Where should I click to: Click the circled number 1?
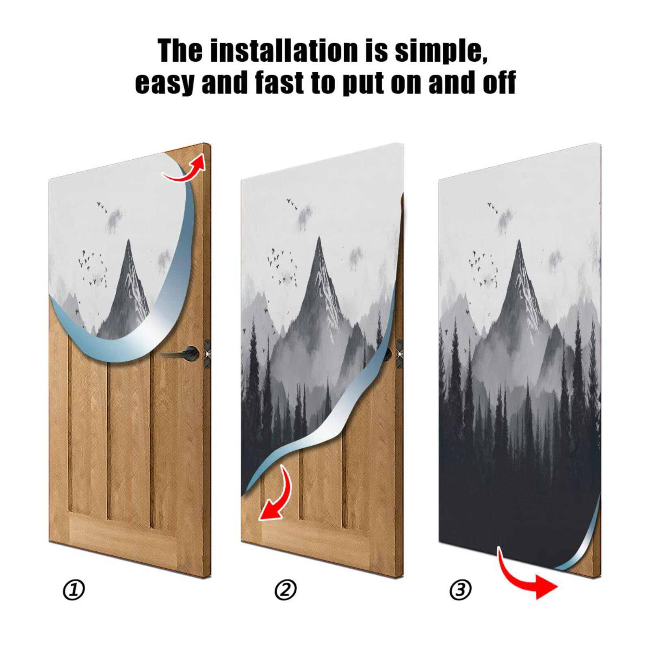point(74,590)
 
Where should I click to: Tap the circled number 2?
point(286,590)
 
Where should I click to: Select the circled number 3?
point(460,590)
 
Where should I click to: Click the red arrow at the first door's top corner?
point(185,169)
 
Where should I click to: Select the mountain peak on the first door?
point(128,244)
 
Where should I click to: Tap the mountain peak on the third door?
point(519,244)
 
